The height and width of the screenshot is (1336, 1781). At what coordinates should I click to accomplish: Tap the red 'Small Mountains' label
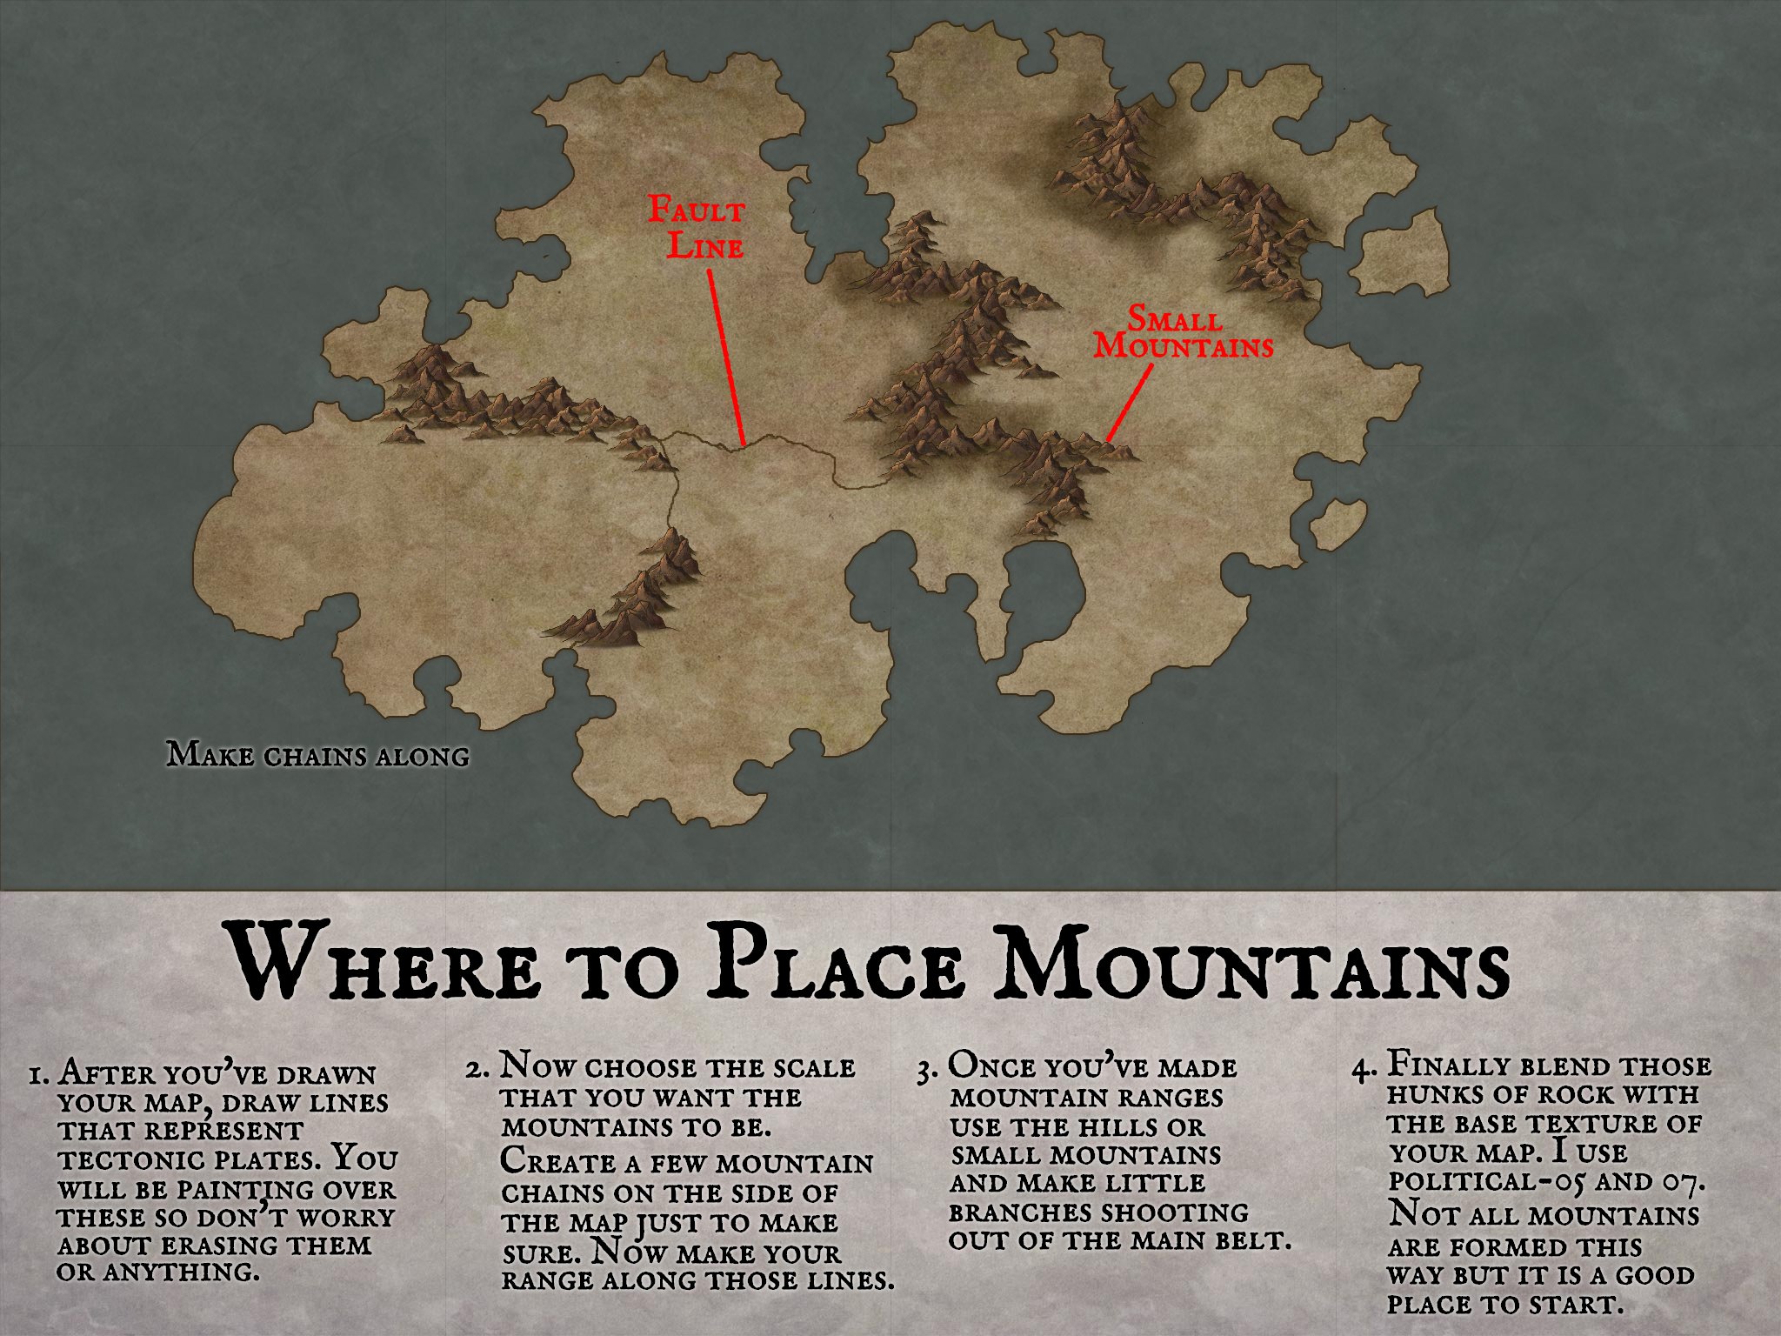coord(1184,332)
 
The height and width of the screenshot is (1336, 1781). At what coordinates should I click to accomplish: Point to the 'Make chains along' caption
coord(317,754)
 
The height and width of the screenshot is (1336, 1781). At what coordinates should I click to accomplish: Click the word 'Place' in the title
coord(835,965)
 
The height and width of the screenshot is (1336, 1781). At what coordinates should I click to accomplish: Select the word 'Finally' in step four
coord(1453,1065)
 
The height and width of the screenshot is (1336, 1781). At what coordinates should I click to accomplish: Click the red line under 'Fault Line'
coord(726,357)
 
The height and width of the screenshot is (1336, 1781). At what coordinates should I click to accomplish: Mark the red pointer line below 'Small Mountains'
coord(1129,403)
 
